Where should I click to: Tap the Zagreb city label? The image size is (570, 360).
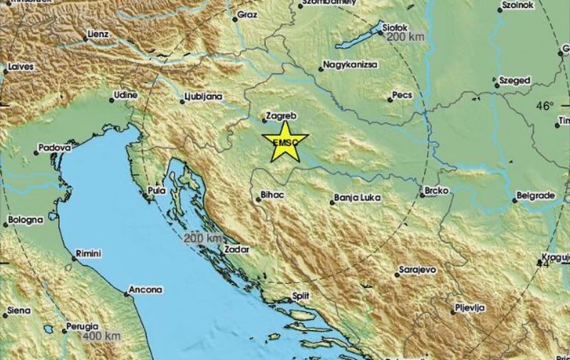click(x=280, y=115)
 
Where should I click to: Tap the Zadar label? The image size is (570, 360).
click(x=235, y=250)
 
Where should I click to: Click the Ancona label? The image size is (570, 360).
click(x=145, y=290)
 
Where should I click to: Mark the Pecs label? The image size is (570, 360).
click(x=403, y=94)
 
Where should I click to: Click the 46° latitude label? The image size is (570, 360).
click(x=544, y=106)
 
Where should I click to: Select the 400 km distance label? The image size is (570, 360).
click(x=102, y=335)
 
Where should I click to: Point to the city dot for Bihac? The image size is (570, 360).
click(x=259, y=200)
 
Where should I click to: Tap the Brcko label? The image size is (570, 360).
click(x=435, y=191)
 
